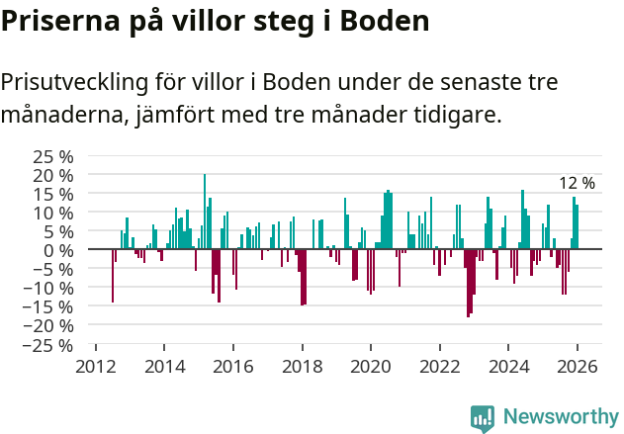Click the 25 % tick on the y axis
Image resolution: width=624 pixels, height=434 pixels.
pyautogui.click(x=53, y=156)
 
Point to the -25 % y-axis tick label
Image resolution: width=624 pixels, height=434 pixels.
pyautogui.click(x=50, y=345)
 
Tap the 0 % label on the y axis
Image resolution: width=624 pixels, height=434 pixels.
pyautogui.click(x=58, y=250)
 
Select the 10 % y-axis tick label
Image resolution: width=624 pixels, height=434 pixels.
pyautogui.click(x=53, y=213)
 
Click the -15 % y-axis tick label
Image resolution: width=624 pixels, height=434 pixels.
pyautogui.click(x=50, y=307)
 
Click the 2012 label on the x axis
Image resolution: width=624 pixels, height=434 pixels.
pyautogui.click(x=96, y=366)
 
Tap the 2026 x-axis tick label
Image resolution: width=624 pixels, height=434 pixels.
pyautogui.click(x=577, y=366)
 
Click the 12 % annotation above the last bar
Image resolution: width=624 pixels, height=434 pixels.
pyautogui.click(x=577, y=183)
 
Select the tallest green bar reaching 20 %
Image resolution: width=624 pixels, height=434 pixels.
pyautogui.click(x=205, y=212)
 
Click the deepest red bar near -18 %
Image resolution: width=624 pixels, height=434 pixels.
pyautogui.click(x=468, y=283)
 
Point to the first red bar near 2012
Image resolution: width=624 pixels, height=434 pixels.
pyautogui.click(x=113, y=276)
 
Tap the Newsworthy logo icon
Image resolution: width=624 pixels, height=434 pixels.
pyautogui.click(x=483, y=417)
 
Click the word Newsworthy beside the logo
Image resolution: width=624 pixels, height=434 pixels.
pyautogui.click(x=560, y=417)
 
